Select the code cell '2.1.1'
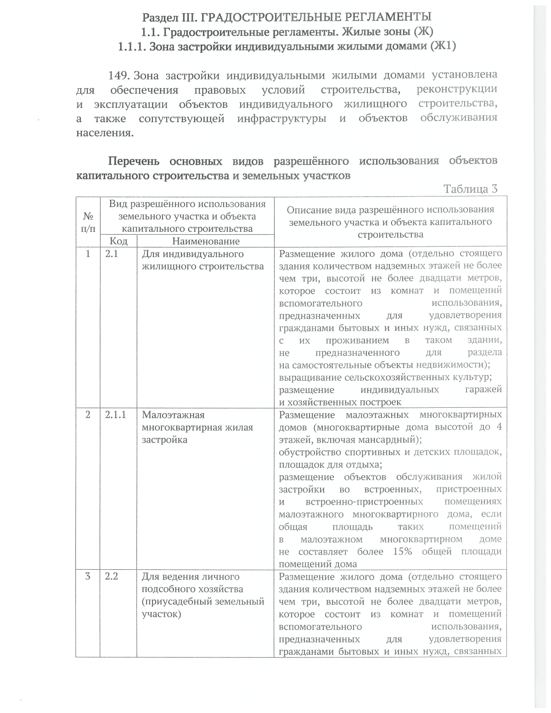[115, 415]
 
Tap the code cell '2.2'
[112, 577]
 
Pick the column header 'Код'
[118, 241]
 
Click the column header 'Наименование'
[206, 241]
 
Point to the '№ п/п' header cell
[88, 222]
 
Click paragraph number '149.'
[120, 75]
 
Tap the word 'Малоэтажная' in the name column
[173, 415]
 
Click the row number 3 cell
[88, 577]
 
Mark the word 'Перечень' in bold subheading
[134, 162]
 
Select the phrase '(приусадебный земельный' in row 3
[203, 601]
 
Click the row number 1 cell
[88, 254]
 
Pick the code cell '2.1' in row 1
[112, 254]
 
